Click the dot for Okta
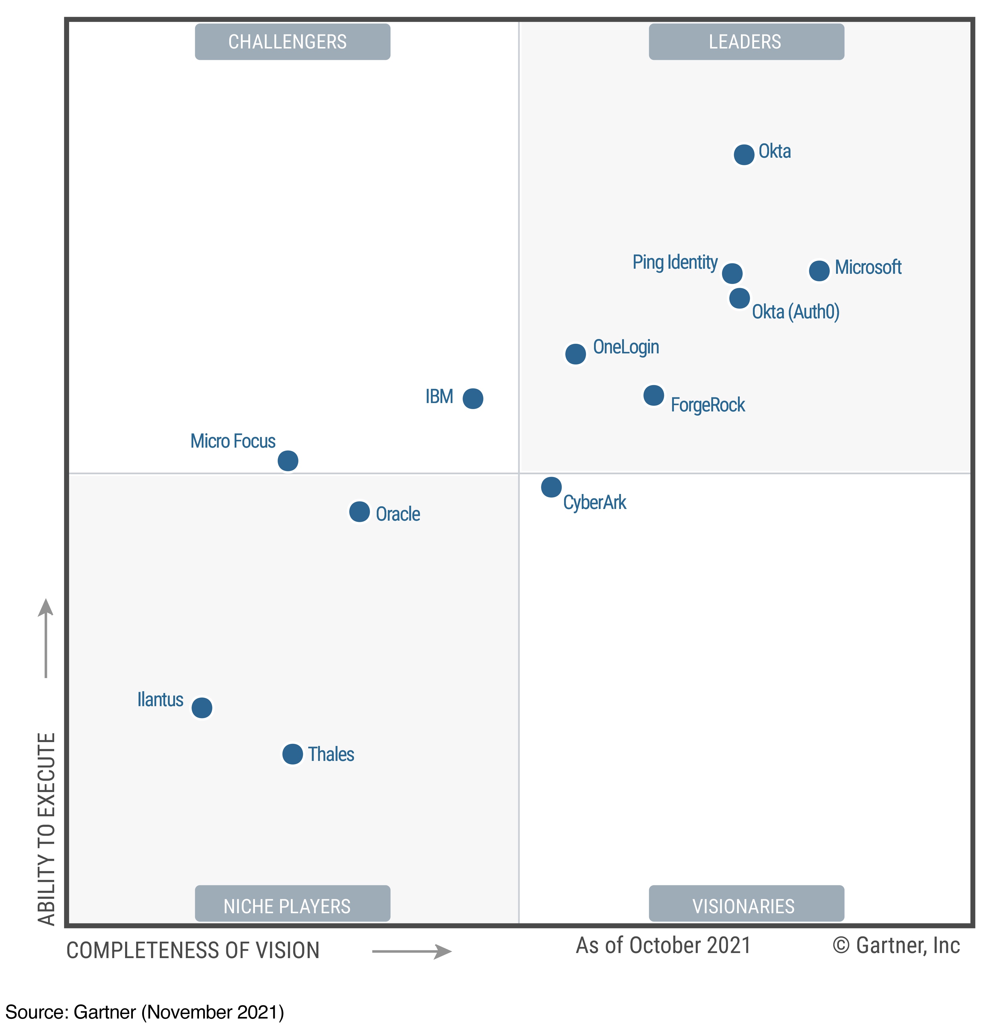coord(744,154)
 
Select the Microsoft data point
coord(819,271)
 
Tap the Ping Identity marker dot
coord(732,273)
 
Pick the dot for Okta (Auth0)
coord(739,298)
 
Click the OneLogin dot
coord(575,354)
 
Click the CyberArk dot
coord(551,487)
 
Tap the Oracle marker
coord(359,511)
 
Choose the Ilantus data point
coord(202,708)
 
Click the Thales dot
coord(293,754)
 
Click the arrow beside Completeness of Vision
coord(411,951)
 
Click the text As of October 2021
coord(663,945)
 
